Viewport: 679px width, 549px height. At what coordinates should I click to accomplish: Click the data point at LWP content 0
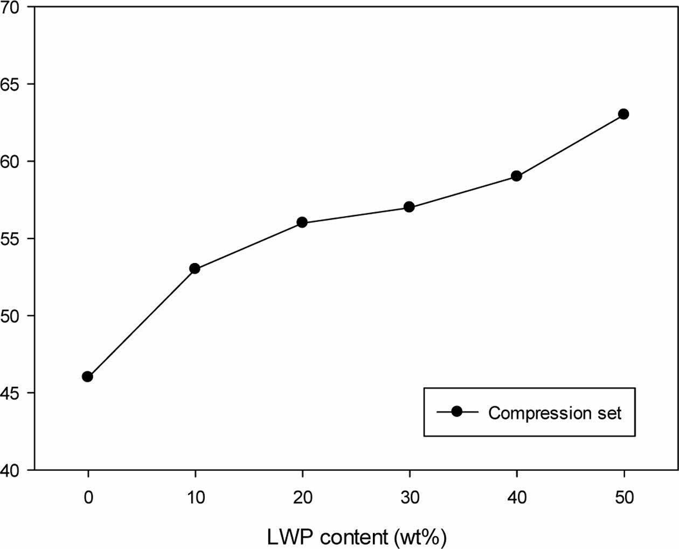tap(87, 377)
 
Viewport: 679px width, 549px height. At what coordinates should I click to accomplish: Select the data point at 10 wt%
tap(195, 268)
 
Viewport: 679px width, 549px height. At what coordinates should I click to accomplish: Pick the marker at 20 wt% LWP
tap(302, 223)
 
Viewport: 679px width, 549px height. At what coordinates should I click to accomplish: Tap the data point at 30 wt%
tap(409, 207)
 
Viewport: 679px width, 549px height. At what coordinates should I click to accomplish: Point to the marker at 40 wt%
tap(516, 176)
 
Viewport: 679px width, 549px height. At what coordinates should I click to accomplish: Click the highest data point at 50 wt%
tap(623, 114)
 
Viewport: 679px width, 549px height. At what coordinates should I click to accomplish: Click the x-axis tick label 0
tap(88, 497)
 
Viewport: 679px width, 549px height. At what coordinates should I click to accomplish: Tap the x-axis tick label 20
tap(302, 497)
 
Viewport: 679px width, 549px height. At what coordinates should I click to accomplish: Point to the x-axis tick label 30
tap(410, 497)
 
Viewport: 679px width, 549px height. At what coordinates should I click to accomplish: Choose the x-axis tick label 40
tap(517, 497)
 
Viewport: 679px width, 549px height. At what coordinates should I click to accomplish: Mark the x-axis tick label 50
tap(624, 497)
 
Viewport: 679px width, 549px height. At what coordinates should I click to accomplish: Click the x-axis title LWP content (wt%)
tap(357, 537)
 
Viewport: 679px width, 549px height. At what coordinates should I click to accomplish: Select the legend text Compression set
tap(555, 413)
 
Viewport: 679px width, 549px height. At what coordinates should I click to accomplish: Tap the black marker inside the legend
tap(457, 412)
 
